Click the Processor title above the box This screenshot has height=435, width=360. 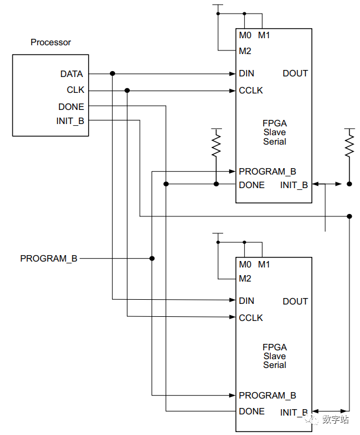51,42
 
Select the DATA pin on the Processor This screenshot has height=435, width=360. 72,74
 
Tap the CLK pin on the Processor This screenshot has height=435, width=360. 75,91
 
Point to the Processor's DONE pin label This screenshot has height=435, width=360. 71,106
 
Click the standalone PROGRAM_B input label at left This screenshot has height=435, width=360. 49,258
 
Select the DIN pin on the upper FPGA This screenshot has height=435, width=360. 246,73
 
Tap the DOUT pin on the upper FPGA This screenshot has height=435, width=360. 295,73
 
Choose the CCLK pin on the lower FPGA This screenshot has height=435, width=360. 251,317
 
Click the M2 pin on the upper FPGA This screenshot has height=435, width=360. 245,51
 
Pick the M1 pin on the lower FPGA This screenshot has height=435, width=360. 264,263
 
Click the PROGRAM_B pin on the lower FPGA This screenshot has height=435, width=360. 267,395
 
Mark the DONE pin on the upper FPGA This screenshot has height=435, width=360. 251,185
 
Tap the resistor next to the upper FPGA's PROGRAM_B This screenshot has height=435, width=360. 216,144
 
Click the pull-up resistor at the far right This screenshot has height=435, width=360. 349,144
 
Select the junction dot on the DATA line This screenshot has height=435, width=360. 112,73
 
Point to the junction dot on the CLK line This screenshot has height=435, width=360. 127,91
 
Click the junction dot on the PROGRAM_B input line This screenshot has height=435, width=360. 152,258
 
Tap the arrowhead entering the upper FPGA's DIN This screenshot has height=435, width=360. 232,73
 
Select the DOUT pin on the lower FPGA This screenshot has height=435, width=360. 295,301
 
